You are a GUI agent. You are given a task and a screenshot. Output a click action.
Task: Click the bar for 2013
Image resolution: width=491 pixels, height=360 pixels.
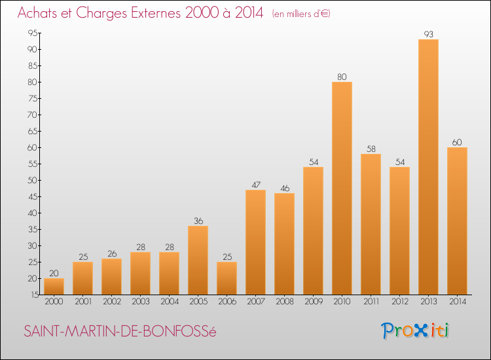point(428,167)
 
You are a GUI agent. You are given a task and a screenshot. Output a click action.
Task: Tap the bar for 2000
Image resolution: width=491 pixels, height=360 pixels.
point(54,287)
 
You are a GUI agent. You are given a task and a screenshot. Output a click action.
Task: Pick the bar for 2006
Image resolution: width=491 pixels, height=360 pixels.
point(227,278)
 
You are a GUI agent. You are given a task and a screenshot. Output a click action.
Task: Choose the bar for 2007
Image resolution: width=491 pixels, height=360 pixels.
point(255,242)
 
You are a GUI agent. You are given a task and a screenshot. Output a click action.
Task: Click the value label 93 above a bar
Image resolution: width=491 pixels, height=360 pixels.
point(428,34)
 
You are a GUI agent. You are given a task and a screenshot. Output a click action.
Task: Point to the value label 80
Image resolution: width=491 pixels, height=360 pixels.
point(342,77)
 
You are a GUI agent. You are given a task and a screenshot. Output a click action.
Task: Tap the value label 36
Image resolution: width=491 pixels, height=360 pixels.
point(198,221)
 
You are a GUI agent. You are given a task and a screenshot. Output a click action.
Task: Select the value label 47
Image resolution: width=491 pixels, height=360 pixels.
point(255,185)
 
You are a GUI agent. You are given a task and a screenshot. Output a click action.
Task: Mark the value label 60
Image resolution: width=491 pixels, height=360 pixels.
point(457,142)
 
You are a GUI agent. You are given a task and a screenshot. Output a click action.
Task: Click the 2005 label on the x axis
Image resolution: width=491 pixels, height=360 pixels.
point(198,301)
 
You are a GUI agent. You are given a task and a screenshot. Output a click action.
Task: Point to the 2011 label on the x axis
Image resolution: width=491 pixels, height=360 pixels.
point(371,301)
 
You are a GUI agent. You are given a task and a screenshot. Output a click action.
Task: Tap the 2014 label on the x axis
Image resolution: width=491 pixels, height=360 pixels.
point(457,301)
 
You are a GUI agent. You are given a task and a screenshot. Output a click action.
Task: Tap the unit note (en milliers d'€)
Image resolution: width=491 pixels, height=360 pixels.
point(301,13)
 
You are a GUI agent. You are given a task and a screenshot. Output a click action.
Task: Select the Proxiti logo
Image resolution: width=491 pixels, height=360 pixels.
point(415,331)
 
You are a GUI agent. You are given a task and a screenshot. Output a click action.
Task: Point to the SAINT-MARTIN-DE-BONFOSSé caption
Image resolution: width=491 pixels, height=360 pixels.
point(120,331)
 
